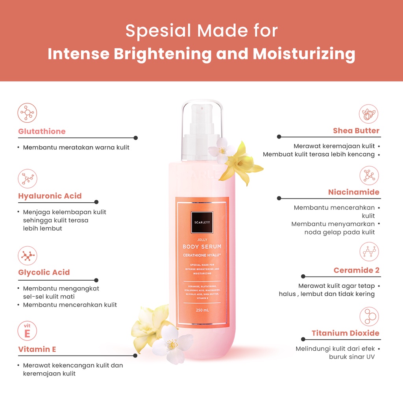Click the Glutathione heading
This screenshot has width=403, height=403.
[x=42, y=131]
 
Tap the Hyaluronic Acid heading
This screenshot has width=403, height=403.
[x=50, y=196]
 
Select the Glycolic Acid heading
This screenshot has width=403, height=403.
[x=44, y=272]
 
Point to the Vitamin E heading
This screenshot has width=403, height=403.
[x=37, y=349]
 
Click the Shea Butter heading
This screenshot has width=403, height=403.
[x=356, y=131]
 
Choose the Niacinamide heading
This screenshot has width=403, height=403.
[x=353, y=192]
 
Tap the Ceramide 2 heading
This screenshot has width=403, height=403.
[x=356, y=270]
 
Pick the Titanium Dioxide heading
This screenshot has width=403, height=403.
[x=345, y=333]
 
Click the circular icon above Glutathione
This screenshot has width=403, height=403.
[x=28, y=113]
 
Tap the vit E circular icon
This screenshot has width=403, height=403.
[x=28, y=331]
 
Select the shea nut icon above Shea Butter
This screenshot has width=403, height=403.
[x=369, y=114]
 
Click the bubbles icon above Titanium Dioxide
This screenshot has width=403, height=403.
[x=369, y=316]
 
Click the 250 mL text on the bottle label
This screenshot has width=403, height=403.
[x=202, y=310]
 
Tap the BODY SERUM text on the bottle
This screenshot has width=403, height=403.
[x=202, y=246]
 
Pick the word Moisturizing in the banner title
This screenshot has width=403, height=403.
[x=304, y=54]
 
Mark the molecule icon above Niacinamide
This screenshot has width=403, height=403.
[x=369, y=176]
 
